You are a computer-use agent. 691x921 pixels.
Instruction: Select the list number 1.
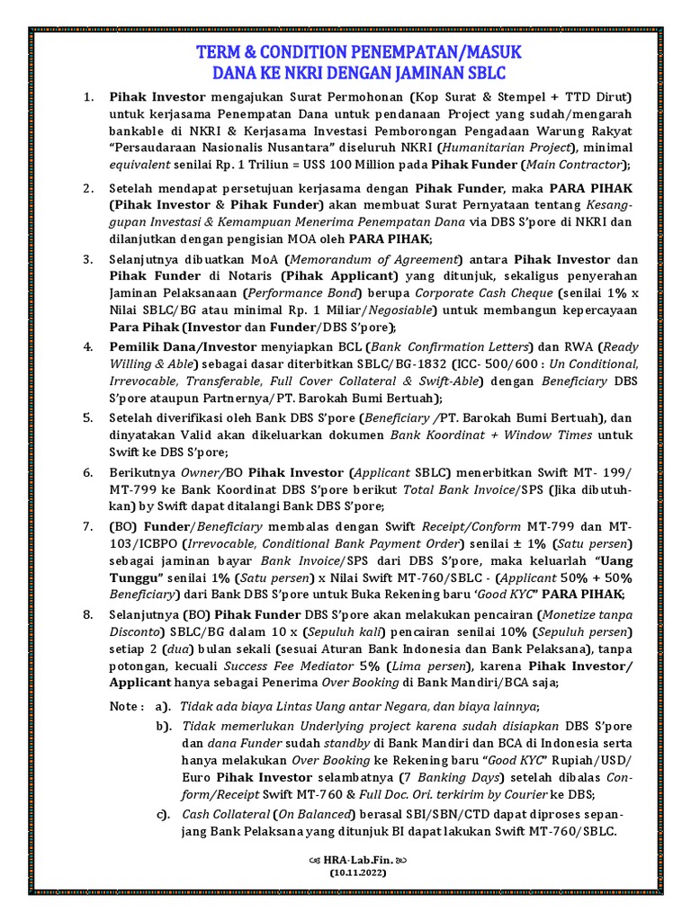click(87, 96)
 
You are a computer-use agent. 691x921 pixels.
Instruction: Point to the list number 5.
click(87, 417)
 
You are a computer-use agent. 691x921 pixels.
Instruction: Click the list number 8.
click(87, 614)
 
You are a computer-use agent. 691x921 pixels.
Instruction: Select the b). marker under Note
click(163, 726)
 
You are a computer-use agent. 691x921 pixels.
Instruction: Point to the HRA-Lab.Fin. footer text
click(345, 860)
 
